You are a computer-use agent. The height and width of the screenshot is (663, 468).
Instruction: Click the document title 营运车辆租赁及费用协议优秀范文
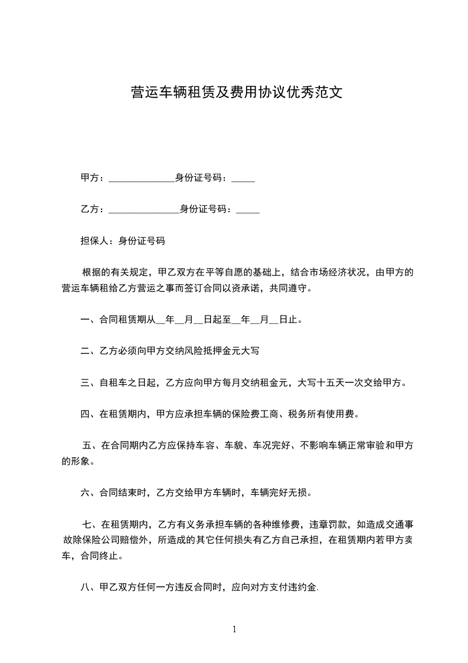click(x=236, y=92)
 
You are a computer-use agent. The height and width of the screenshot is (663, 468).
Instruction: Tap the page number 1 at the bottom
click(x=234, y=629)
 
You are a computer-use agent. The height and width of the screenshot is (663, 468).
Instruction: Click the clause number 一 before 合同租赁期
click(x=84, y=320)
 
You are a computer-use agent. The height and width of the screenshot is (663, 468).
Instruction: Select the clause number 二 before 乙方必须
click(x=84, y=352)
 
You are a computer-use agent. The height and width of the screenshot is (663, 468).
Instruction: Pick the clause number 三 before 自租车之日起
click(x=84, y=383)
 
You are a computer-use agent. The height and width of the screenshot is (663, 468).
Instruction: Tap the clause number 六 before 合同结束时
click(x=84, y=492)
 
